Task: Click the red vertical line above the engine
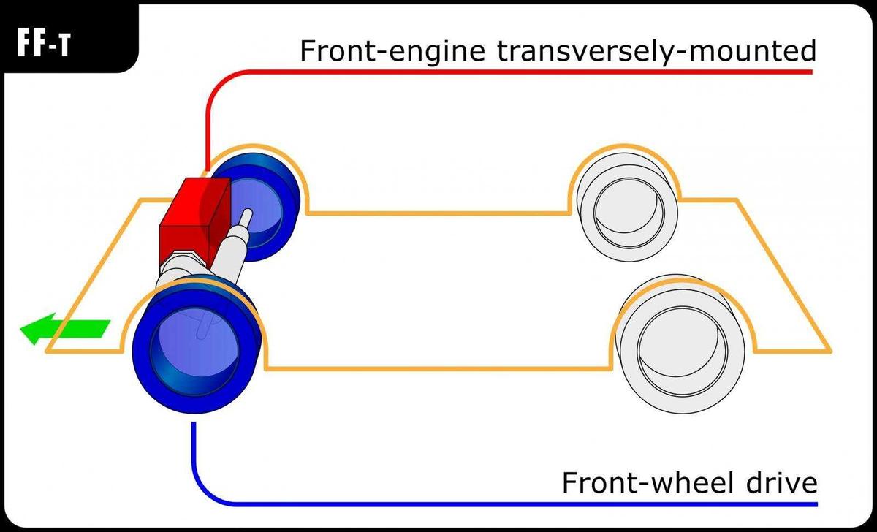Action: pos(208,124)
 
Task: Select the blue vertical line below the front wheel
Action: pos(193,453)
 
